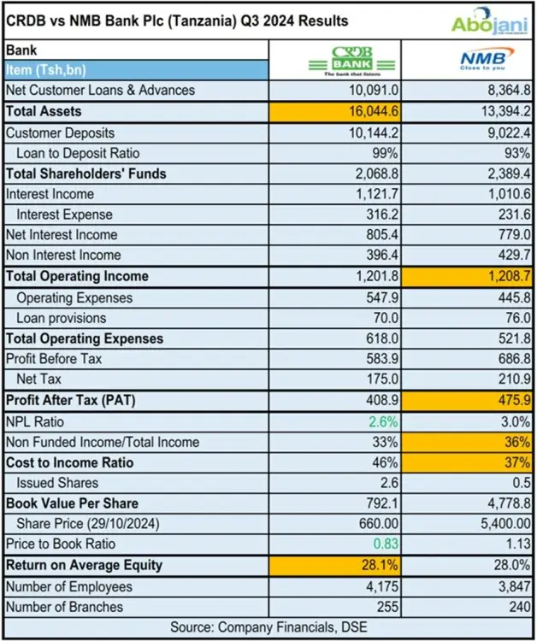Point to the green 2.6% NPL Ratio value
[x=382, y=421]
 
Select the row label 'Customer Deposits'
[x=60, y=132]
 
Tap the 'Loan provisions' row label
[x=64, y=318]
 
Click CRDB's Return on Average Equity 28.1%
[x=379, y=566]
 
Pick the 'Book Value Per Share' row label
[x=73, y=503]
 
